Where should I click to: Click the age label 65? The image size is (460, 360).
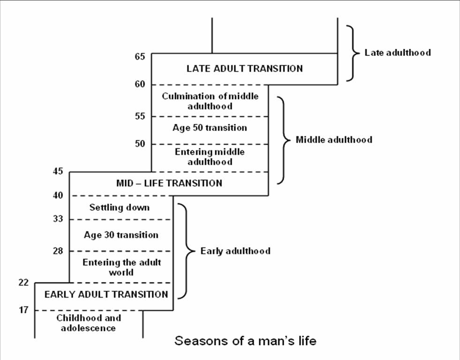[x=141, y=57]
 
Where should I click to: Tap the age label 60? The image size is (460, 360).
[x=141, y=84]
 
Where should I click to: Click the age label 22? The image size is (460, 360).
[x=24, y=283]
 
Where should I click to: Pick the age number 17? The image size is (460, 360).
[x=24, y=310]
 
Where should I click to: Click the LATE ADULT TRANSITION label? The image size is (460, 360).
[x=244, y=69]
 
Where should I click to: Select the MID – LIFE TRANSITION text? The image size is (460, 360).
[x=169, y=183]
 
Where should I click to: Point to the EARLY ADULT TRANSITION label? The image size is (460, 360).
[x=106, y=295]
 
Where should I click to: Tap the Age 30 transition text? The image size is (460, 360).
[x=121, y=235]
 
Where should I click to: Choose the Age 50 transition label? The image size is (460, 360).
[x=210, y=128]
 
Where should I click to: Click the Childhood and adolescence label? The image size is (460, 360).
[x=89, y=323]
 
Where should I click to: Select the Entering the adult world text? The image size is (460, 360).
[x=121, y=267]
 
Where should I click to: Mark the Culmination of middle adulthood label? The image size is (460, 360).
[x=210, y=101]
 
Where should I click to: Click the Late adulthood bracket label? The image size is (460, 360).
[x=397, y=53]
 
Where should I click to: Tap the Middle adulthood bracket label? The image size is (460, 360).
[x=334, y=140]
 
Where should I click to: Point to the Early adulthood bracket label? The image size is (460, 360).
[x=235, y=251]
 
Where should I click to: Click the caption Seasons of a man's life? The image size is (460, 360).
[x=245, y=341]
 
